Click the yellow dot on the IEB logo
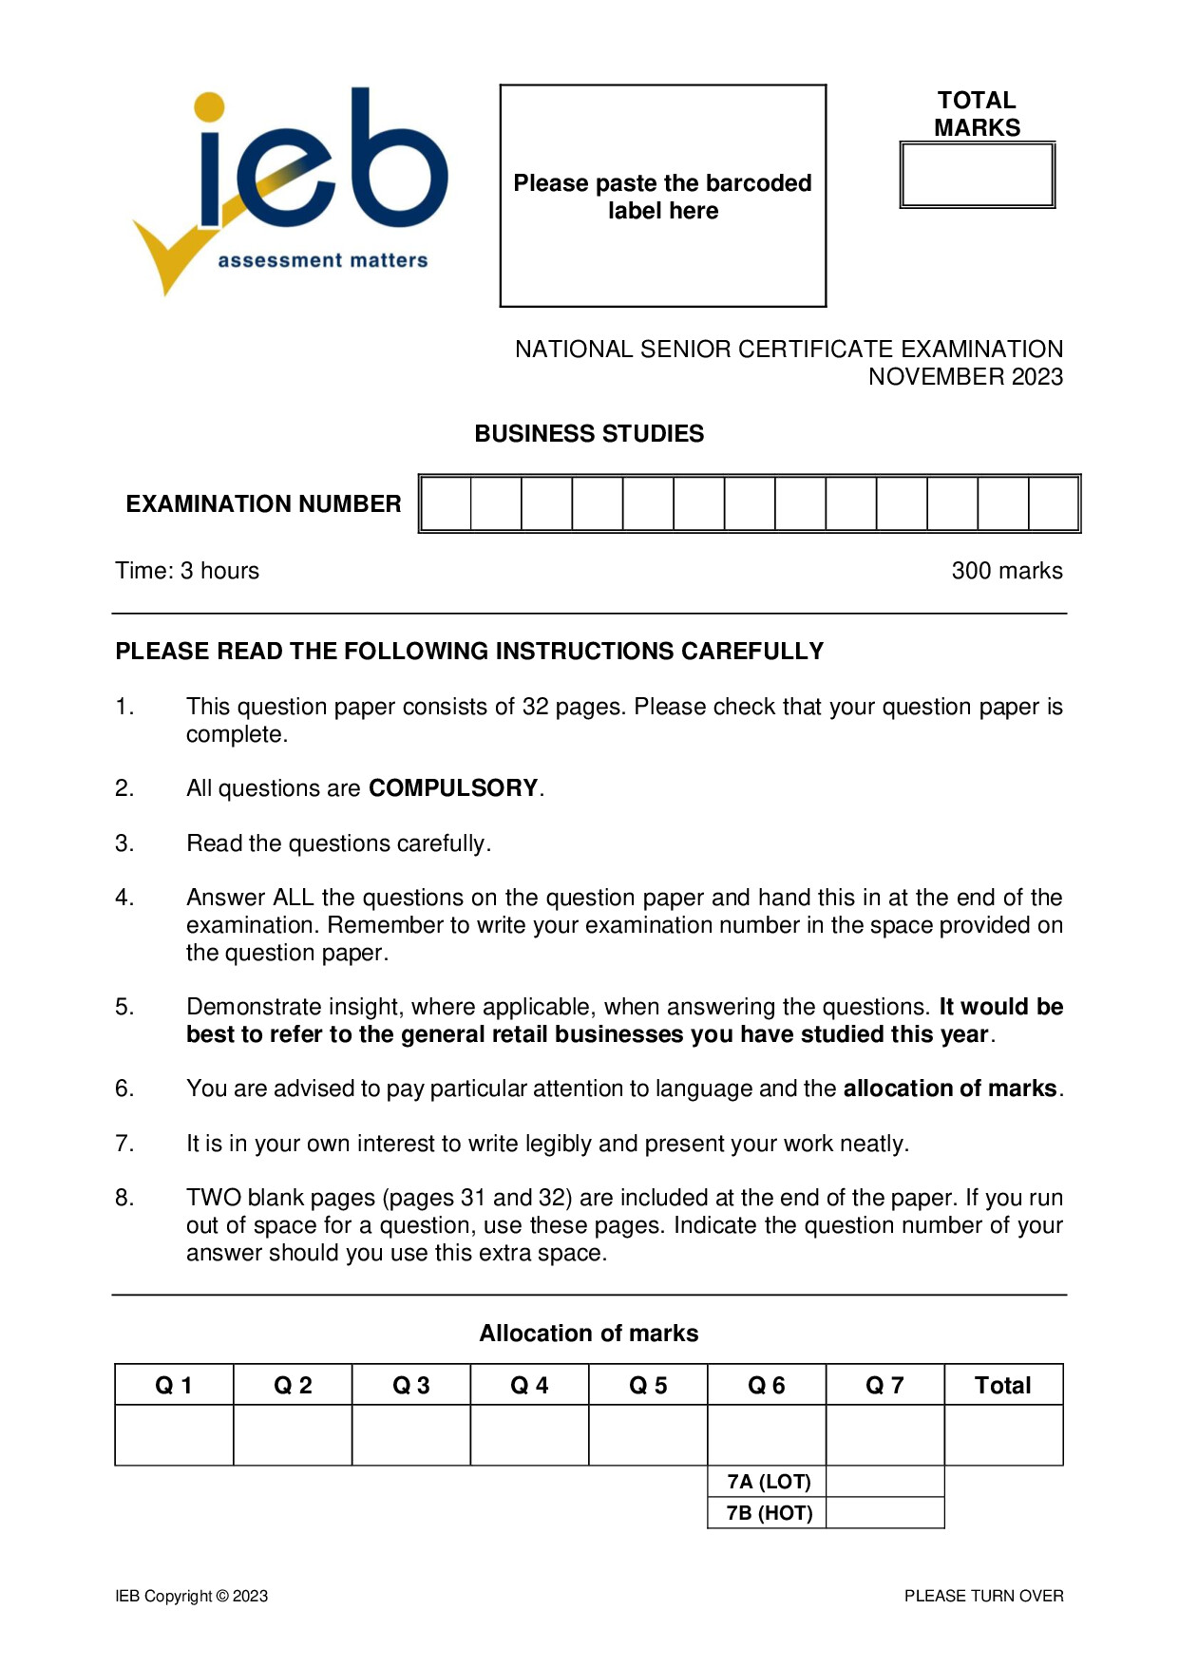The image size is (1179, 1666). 209,107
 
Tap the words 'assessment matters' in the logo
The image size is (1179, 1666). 323,260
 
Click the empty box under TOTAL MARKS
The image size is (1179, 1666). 977,175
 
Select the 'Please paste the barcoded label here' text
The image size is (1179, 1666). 662,197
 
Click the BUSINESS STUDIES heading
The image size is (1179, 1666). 589,434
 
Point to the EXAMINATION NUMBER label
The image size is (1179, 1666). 263,503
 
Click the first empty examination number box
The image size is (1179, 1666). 447,503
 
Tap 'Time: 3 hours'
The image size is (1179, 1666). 187,571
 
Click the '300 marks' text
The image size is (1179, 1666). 1006,571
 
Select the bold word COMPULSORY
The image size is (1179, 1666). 453,788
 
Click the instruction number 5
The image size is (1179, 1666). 124,1007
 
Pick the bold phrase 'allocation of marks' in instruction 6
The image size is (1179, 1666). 950,1089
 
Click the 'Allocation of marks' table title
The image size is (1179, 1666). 588,1334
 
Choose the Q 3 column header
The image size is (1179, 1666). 410,1386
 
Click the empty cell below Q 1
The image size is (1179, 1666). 174,1435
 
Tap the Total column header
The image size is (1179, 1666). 1002,1386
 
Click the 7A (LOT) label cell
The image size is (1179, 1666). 768,1482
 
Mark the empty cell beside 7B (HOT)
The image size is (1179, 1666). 884,1513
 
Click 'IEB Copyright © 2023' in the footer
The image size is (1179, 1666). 192,1596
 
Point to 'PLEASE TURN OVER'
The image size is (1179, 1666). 983,1596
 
